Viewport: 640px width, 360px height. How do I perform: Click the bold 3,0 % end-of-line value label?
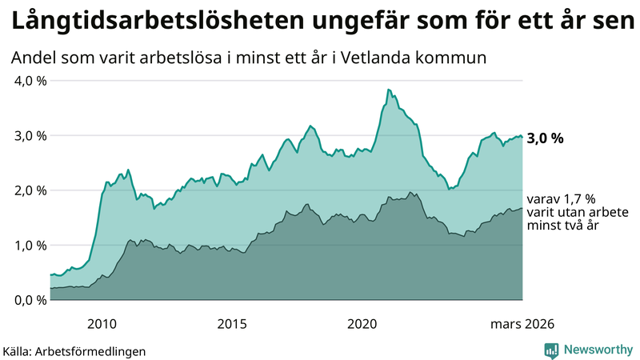(x=546, y=138)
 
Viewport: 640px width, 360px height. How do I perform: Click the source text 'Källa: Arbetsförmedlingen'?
(x=74, y=350)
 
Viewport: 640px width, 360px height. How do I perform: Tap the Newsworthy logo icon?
(x=551, y=350)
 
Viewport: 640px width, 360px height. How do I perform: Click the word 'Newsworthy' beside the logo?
(x=599, y=350)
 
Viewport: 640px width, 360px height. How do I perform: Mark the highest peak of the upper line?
(x=388, y=90)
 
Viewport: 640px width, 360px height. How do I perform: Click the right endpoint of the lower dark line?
(x=522, y=209)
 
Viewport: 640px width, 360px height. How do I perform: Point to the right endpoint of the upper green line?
(x=522, y=137)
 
